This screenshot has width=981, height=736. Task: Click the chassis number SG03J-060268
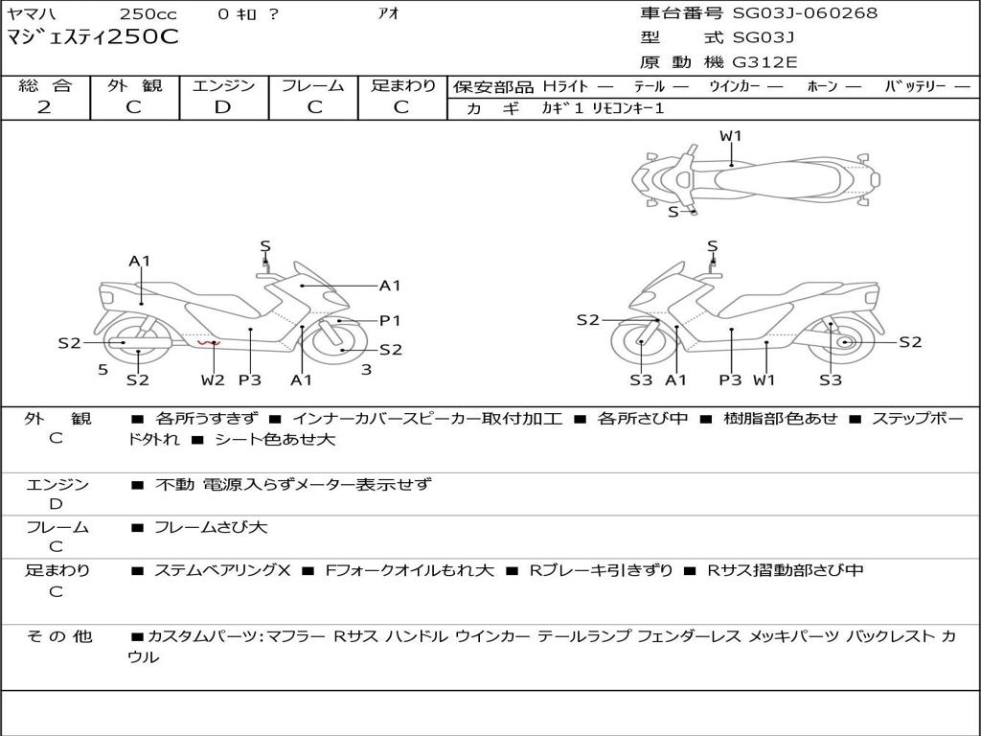pos(805,13)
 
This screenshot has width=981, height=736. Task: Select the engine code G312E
pos(764,62)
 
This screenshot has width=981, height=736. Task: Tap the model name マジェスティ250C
pos(93,38)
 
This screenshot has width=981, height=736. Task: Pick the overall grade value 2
pos(44,106)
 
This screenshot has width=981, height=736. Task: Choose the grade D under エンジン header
pos(223,106)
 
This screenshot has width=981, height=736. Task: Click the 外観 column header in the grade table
pos(134,85)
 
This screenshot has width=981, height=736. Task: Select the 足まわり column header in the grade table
pos(402,85)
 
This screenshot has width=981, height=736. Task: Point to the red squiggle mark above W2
pos(208,342)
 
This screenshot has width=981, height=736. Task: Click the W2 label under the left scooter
pos(213,380)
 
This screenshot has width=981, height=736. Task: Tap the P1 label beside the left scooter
pos(390,321)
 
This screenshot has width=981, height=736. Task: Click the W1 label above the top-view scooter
pos(731,136)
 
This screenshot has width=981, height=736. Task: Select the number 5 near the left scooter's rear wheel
pos(103,369)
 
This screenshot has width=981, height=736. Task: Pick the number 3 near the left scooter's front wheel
pos(366,369)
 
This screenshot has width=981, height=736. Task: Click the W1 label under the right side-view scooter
pos(764,380)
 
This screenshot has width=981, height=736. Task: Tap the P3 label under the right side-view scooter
pos(731,380)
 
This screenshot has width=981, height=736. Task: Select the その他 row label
pos(58,636)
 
